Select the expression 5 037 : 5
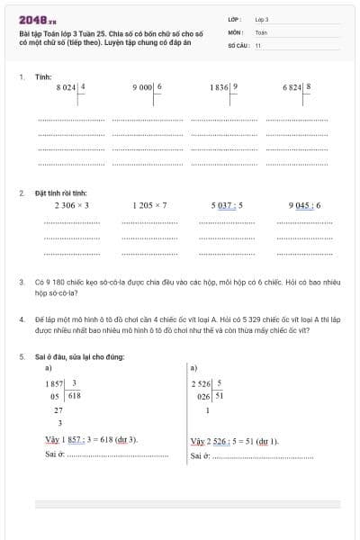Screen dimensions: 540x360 click(227, 205)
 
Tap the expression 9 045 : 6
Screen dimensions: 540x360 click(304, 205)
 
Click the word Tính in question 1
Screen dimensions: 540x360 click(43, 77)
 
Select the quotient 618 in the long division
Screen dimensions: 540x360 click(74, 395)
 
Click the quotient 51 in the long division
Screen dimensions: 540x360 click(220, 395)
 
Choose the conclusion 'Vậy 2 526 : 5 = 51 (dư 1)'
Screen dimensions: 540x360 click(235, 441)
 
